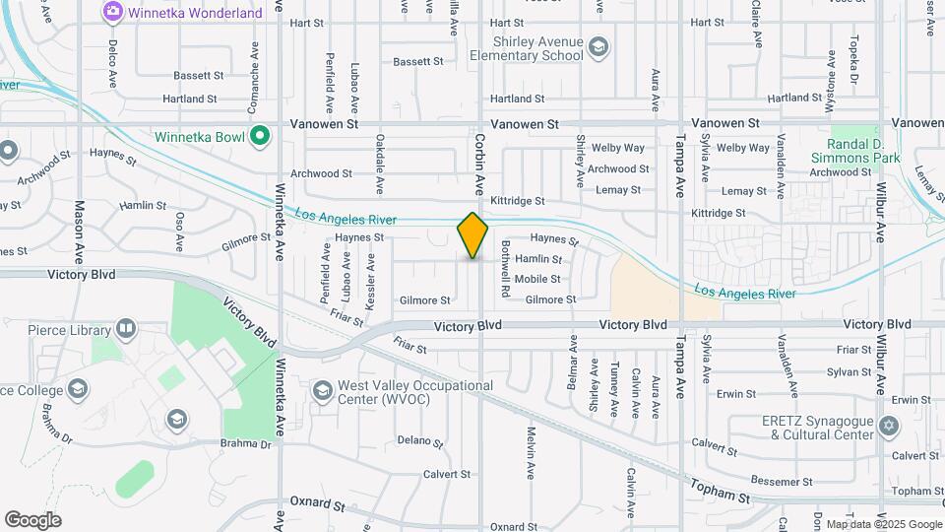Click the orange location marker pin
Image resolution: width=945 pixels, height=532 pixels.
coord(472,235)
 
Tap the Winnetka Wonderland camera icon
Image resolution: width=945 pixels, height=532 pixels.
coord(112,12)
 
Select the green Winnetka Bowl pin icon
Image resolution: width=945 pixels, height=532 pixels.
coord(260,136)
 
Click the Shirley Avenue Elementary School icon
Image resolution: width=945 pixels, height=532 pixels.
coord(598,46)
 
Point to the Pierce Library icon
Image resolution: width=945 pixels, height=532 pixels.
coord(125,328)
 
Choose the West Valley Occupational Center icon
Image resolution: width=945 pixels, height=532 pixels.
coord(322,392)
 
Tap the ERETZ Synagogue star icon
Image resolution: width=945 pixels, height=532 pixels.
coord(889,427)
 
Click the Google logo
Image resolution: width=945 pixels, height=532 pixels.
coord(32,520)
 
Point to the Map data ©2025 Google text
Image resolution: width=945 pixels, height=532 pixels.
coord(884,524)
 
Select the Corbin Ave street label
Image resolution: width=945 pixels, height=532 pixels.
coord(481,164)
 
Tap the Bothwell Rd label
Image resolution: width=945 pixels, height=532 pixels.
coord(505,269)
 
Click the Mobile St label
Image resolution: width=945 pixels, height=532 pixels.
coord(537,279)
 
